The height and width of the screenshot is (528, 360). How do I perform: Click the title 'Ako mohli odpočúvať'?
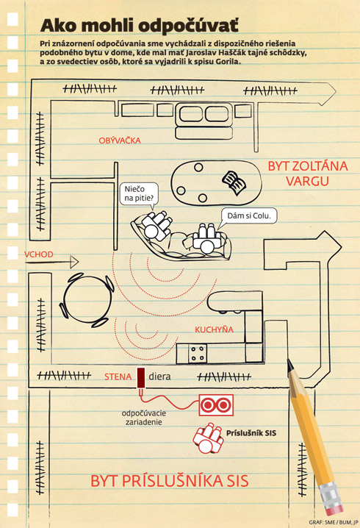(x=140, y=26)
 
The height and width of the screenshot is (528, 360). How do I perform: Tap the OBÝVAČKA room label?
(x=120, y=140)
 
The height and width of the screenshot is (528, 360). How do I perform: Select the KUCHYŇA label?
(x=214, y=329)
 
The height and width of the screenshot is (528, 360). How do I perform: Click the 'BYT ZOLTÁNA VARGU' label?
(x=308, y=174)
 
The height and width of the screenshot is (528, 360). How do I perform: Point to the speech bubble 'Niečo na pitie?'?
(x=139, y=193)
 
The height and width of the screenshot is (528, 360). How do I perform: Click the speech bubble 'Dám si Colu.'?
(x=249, y=216)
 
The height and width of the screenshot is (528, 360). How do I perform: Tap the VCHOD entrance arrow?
(x=51, y=262)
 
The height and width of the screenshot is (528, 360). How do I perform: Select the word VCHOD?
(x=39, y=254)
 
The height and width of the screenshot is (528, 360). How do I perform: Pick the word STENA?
(x=118, y=377)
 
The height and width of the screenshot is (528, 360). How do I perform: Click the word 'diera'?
(x=159, y=377)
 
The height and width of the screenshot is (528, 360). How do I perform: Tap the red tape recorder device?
(x=216, y=405)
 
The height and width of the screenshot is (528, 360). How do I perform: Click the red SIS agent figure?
(x=208, y=438)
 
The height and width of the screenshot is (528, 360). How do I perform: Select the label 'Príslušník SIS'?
(x=251, y=433)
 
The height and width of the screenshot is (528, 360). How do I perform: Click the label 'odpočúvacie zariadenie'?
(x=144, y=418)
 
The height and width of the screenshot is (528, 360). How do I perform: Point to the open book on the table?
(x=234, y=182)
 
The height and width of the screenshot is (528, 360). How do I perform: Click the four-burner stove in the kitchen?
(x=198, y=353)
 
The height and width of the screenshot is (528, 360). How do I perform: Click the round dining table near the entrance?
(x=88, y=300)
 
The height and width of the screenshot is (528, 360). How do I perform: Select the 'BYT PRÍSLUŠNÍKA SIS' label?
(x=170, y=481)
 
